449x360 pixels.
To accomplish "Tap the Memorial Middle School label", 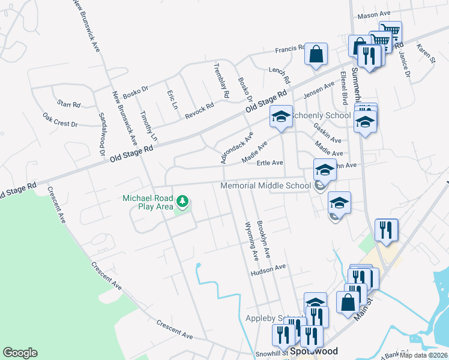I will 265,186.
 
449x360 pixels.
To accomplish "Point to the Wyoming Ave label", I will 251,241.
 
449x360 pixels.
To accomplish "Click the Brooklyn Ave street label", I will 264,239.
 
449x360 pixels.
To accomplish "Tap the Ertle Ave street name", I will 270,163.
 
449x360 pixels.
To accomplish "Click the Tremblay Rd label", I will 221,80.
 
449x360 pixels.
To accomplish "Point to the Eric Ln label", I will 172,100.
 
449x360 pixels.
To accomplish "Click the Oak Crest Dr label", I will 60,119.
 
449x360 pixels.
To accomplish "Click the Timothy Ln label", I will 148,125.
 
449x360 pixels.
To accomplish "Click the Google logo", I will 20,353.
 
